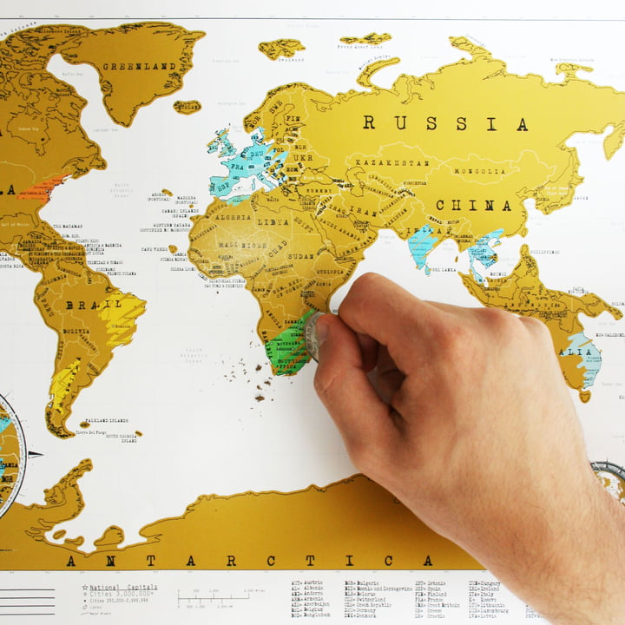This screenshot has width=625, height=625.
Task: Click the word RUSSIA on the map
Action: [444, 123]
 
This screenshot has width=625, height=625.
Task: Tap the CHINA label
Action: [473, 206]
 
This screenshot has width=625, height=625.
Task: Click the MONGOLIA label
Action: [479, 171]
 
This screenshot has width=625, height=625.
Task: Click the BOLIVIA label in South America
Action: [77, 332]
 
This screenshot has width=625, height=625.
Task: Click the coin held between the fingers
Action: [312, 337]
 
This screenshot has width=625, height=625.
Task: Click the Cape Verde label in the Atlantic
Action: [155, 249]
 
